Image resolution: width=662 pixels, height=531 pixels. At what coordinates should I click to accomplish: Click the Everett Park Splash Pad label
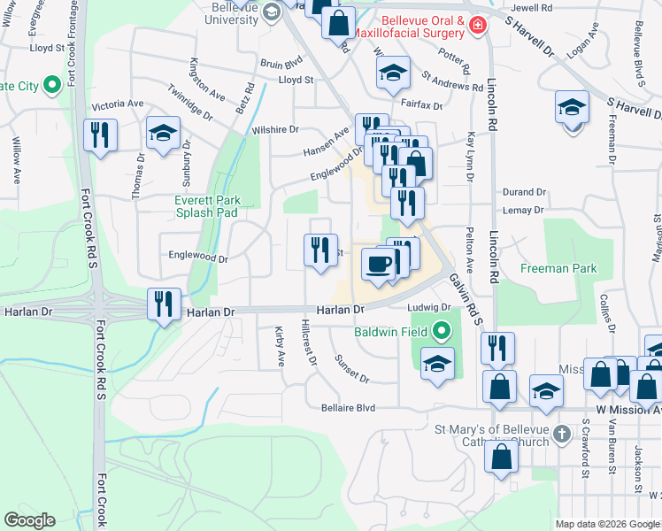[207, 206]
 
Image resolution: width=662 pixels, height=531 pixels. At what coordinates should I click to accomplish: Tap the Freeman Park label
[558, 268]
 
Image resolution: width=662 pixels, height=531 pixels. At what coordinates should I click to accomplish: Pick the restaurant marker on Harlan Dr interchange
[164, 304]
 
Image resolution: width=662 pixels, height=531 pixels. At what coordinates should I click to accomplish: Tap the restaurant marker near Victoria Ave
[100, 135]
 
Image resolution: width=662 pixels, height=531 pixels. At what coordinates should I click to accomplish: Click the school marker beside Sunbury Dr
[163, 134]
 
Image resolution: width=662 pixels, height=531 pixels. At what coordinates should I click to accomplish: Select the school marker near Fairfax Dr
[393, 74]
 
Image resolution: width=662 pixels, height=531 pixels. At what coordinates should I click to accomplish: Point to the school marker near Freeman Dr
[573, 109]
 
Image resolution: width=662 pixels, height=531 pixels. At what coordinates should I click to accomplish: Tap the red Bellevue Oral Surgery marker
[478, 26]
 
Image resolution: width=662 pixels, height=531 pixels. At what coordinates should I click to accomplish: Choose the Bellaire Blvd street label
[348, 408]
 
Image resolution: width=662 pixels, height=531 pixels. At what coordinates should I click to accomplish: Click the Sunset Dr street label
[351, 368]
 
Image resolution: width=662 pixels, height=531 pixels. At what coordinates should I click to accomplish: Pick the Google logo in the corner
[29, 520]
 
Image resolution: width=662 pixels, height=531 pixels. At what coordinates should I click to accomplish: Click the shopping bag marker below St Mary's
[501, 458]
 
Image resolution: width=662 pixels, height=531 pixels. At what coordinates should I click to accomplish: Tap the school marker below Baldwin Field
[437, 364]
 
